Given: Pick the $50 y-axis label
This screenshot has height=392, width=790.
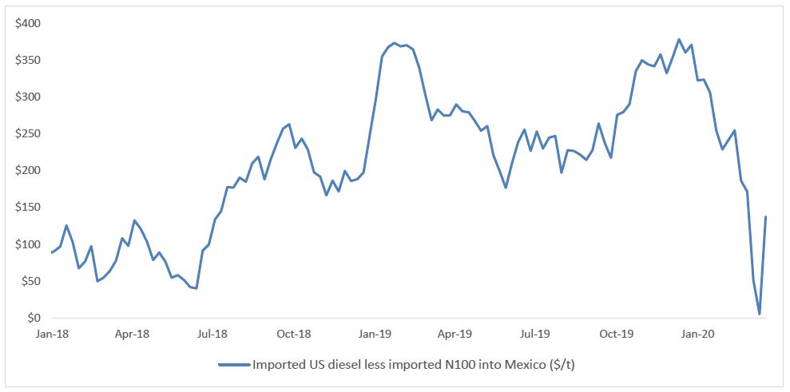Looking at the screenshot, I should tap(31, 281).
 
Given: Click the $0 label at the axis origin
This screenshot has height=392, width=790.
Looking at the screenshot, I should tap(34, 318).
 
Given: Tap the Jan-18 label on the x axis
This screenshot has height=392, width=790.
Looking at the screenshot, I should tap(52, 335).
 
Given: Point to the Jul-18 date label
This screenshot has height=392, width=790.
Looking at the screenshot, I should tap(213, 335).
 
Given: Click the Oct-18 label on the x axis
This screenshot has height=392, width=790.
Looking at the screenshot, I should tap(294, 335).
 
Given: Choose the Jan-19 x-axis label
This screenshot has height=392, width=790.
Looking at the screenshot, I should tap(374, 335).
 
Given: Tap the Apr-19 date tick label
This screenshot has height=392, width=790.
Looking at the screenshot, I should tap(455, 335).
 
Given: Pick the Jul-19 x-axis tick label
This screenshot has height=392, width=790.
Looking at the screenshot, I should tap(535, 335).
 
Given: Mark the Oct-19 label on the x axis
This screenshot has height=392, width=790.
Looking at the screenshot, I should tap(616, 335).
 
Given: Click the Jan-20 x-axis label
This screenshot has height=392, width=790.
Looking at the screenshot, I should tap(697, 335).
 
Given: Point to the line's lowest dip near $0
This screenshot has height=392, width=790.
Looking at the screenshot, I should tap(759, 314).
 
